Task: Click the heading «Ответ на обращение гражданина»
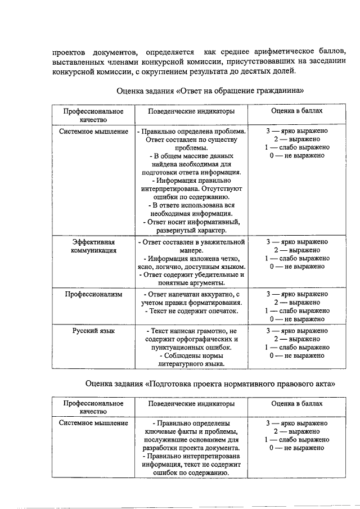tap(210, 90)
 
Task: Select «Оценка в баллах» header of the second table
tap(297, 403)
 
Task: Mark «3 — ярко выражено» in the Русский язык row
tap(297, 331)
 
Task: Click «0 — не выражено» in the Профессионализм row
tap(297, 319)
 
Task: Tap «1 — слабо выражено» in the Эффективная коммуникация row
tap(297, 258)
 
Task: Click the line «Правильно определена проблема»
tap(192, 131)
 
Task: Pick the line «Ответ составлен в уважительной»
tap(192, 242)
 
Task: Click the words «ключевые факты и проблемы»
tap(192, 431)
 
